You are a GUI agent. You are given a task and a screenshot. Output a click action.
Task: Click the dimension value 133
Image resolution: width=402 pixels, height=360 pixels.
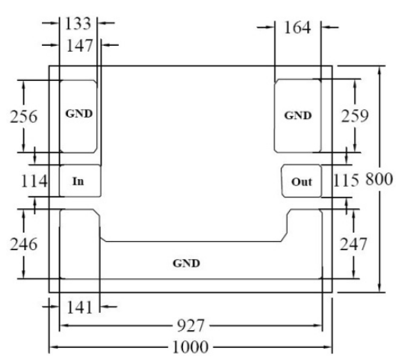pos(79,24)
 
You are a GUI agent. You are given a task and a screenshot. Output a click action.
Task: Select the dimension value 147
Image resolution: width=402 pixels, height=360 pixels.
pos(79,46)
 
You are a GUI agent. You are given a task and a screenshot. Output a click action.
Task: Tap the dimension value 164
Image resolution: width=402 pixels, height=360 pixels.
pos(297,27)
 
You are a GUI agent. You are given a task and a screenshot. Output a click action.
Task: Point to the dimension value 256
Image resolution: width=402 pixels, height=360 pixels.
pos(24,117)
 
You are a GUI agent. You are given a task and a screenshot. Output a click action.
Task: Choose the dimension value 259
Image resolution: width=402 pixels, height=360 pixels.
pos(355,116)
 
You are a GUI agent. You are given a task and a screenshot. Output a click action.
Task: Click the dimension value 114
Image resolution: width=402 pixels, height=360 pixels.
pos(34,181)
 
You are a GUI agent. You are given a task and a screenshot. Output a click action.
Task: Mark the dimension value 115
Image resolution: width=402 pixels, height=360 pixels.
pos(346,180)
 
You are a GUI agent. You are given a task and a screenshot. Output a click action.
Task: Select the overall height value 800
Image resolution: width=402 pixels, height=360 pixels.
pos(379,179)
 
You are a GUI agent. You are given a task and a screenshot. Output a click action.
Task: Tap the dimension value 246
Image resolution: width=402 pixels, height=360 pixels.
pos(24,244)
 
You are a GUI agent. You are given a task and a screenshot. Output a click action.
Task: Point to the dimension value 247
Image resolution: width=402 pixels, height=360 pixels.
pos(353,244)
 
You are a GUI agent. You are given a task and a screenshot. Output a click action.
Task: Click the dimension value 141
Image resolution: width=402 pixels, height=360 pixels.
pos(79,307)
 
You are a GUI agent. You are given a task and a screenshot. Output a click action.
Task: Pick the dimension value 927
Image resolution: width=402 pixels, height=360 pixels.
pos(191,326)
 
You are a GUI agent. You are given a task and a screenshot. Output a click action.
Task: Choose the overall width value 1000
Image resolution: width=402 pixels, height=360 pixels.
pos(191,347)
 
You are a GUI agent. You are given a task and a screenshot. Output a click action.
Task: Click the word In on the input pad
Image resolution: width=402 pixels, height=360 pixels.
pos(79,182)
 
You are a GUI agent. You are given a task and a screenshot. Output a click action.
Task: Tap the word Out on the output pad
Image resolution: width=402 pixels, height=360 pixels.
pos(302,182)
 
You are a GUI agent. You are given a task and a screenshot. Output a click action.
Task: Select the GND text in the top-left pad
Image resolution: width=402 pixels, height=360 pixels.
pos(79,114)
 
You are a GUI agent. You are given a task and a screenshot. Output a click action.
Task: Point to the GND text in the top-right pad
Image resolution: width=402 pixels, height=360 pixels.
pos(298,116)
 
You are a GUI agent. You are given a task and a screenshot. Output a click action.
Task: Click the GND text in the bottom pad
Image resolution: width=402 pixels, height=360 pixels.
pos(186,263)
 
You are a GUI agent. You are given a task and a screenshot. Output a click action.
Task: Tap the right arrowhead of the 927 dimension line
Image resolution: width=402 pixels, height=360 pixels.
pos(319,326)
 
